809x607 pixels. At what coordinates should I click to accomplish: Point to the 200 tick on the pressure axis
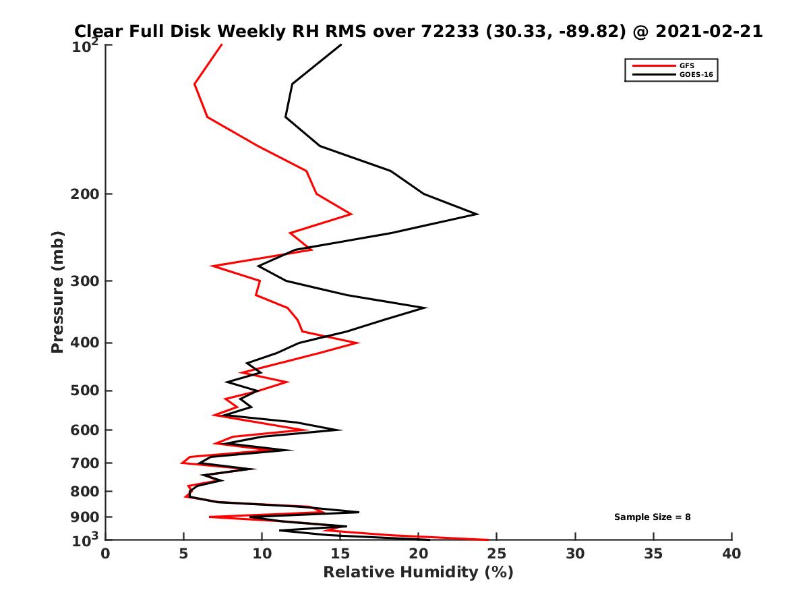point(88,194)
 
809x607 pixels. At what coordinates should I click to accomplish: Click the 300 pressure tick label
point(88,281)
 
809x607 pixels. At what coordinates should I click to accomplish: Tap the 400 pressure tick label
point(88,343)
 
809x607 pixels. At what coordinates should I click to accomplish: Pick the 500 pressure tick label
point(88,391)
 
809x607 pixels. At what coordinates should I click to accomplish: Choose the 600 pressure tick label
point(88,430)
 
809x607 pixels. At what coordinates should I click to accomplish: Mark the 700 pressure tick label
point(88,463)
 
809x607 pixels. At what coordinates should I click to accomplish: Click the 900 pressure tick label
point(88,517)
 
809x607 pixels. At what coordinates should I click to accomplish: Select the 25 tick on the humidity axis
point(497,554)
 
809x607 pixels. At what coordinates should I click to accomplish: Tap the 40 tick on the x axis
point(731,554)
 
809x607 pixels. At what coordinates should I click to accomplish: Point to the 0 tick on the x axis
point(106,554)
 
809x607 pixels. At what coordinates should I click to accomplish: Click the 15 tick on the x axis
point(340,554)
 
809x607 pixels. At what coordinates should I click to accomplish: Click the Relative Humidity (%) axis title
point(418,573)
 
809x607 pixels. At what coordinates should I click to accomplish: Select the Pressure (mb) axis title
point(57,291)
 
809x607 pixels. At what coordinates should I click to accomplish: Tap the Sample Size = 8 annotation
point(652,517)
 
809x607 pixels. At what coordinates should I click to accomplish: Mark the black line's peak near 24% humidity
point(478,214)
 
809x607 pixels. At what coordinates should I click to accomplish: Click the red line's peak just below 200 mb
point(351,214)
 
